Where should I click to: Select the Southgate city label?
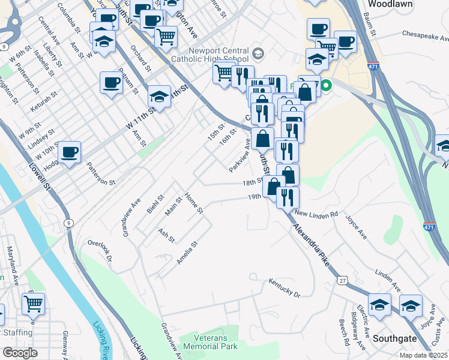(394, 338)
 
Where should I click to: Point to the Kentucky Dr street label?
(284, 287)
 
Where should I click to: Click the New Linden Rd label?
(316, 214)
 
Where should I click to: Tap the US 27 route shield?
(342, 280)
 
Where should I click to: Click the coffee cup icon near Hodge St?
(69, 152)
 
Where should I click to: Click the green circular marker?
(326, 86)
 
